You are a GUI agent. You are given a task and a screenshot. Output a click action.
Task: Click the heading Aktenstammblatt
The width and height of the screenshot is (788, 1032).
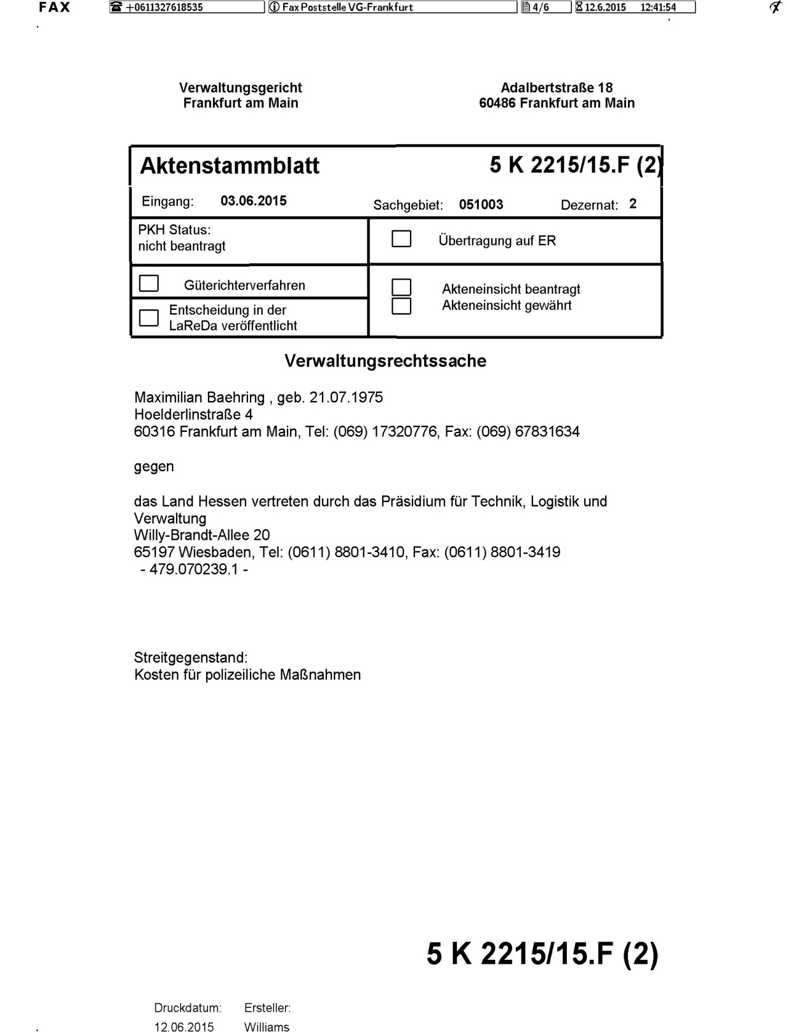tap(230, 166)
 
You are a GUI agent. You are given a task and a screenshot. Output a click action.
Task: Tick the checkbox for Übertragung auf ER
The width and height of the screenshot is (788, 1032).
tap(401, 239)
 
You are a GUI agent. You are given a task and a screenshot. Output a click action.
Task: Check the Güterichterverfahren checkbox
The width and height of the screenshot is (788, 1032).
tap(149, 283)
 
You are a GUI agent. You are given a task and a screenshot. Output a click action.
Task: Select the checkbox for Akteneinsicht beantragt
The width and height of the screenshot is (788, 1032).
tap(401, 287)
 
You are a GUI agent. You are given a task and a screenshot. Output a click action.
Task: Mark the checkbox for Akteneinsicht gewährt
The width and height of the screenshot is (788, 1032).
tap(401, 306)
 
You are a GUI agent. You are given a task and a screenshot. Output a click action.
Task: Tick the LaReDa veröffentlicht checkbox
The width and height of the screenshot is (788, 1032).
tap(149, 317)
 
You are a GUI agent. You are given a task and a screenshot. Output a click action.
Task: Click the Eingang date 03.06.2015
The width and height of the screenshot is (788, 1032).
tap(254, 201)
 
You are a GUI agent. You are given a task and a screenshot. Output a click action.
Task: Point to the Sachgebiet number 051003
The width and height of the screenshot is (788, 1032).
tap(481, 205)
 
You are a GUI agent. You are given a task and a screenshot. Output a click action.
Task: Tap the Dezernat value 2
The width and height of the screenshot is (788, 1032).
tap(633, 204)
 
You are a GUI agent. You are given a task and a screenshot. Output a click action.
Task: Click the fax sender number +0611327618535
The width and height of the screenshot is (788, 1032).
tap(164, 7)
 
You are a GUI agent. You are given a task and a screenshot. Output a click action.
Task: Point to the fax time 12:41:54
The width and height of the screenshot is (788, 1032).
tap(658, 7)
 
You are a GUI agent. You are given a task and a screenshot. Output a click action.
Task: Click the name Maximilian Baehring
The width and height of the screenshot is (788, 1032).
tap(199, 397)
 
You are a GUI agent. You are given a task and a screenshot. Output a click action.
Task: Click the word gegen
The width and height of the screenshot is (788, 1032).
tap(154, 466)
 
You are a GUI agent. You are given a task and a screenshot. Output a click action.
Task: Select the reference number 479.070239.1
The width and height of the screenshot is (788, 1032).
tap(193, 569)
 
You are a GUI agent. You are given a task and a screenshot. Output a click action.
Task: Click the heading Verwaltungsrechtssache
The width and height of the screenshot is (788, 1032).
tap(385, 361)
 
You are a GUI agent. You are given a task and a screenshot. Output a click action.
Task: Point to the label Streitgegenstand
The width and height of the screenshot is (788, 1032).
tap(191, 657)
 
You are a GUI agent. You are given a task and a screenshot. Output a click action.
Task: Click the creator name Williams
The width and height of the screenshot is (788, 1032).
tap(267, 1026)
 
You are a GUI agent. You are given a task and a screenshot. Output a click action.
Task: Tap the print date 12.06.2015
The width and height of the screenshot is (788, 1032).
tap(184, 1026)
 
